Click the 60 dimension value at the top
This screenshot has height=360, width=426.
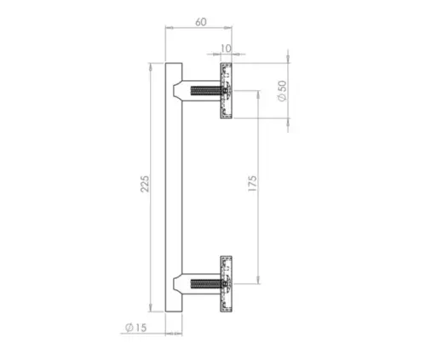199,21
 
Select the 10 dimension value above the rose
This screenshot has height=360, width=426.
225,49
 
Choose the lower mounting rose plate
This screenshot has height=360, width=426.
227,282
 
